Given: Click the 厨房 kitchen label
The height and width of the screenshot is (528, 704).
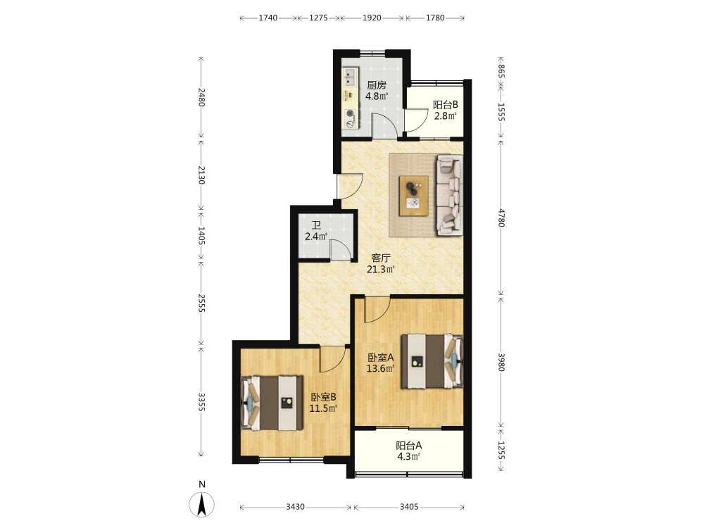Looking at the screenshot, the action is click(x=376, y=85).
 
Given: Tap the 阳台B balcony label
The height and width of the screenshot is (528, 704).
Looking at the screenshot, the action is click(x=445, y=105).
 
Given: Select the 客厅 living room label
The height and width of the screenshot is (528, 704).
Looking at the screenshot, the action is click(x=380, y=258).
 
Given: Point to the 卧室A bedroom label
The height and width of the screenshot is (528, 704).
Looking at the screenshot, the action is click(x=380, y=358).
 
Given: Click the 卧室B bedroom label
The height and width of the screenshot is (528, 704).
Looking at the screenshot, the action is click(x=323, y=397).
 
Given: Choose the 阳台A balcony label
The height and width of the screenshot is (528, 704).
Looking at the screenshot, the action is click(x=408, y=446).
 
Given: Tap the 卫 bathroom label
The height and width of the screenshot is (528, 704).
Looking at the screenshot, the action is click(x=316, y=225).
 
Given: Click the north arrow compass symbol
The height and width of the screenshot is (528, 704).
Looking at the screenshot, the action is click(x=202, y=504).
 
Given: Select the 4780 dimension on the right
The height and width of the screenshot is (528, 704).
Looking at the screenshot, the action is click(x=501, y=218).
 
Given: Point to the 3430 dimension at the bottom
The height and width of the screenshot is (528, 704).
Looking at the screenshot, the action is click(x=295, y=507).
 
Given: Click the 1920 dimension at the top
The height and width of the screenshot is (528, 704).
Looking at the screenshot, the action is click(x=372, y=18).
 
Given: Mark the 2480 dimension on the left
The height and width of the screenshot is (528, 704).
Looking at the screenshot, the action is click(x=201, y=97).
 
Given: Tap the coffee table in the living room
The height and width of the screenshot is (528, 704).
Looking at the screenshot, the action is click(x=413, y=196).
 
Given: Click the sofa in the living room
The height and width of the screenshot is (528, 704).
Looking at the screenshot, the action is click(x=449, y=195).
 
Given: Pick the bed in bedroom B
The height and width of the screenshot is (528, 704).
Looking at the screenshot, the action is click(x=272, y=403).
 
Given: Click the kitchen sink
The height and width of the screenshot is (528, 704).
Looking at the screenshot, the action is click(x=349, y=77).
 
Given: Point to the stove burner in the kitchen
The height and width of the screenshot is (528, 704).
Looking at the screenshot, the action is click(x=350, y=118).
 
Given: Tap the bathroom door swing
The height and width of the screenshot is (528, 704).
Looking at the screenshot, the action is click(x=340, y=250).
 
